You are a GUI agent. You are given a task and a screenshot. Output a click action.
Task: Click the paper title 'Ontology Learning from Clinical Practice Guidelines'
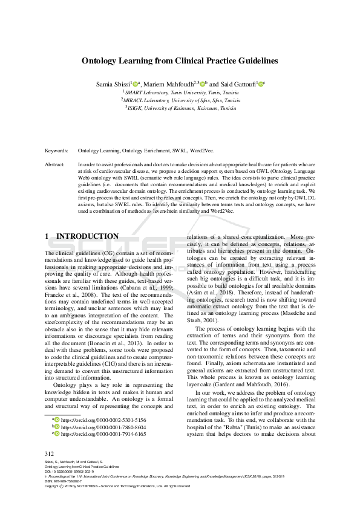point(180,61)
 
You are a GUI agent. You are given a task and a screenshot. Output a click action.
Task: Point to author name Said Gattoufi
point(237,83)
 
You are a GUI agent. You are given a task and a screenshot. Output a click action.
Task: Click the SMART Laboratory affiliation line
point(180,92)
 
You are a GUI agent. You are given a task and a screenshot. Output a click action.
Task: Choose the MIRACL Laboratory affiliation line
point(180,100)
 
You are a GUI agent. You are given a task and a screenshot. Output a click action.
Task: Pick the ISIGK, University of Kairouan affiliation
point(180,108)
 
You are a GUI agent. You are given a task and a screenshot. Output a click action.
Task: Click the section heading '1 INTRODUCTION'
point(82,236)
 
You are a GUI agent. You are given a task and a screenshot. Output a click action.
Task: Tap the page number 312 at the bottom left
point(50,453)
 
